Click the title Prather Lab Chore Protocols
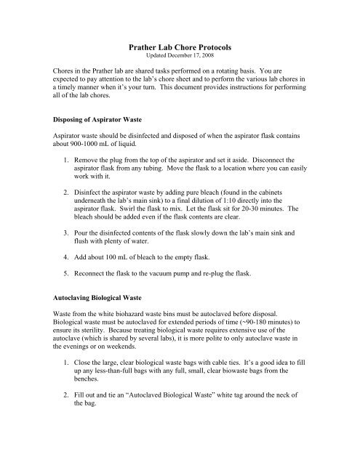[x=179, y=46]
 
